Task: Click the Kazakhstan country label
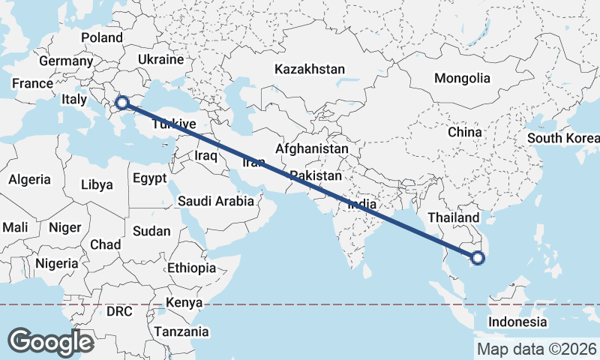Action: click(310, 69)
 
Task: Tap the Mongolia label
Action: click(462, 78)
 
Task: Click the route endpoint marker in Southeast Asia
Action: click(477, 259)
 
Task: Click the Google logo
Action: click(50, 342)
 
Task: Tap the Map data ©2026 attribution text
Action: click(535, 348)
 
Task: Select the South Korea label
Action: click(562, 138)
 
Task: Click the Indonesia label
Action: click(517, 322)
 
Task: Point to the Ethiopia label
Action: click(192, 268)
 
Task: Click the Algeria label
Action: click(30, 179)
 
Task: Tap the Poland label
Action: click(102, 37)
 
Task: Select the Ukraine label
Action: click(160, 59)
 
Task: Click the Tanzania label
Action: click(181, 331)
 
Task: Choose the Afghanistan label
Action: click(312, 148)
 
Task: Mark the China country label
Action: click(464, 132)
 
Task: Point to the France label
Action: click(32, 84)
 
